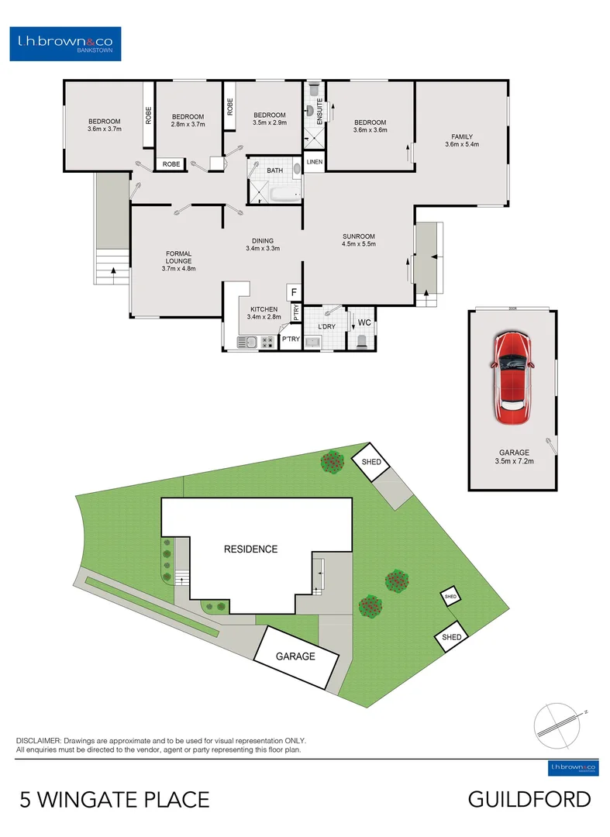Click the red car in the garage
512,377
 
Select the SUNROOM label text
359,236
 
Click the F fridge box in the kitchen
294,292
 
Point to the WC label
364,321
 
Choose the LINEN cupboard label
314,162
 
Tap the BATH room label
274,170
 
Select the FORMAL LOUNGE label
178,257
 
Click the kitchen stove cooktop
268,341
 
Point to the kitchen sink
248,341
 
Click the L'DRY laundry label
326,327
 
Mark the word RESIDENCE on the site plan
250,549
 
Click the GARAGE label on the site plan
296,656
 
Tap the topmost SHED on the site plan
371,462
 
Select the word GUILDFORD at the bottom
529,799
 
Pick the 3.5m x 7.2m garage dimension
514,462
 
